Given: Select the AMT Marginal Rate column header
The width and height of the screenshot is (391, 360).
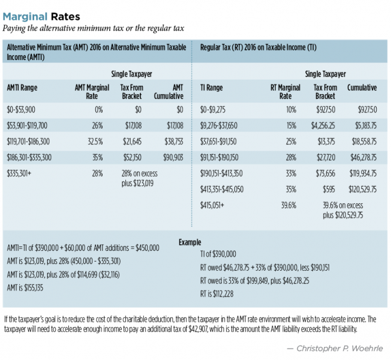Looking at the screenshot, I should (x=92, y=91).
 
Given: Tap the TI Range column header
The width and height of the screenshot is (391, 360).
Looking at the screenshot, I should (x=210, y=88).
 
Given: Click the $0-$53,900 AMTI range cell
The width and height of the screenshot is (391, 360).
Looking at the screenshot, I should (x=22, y=110).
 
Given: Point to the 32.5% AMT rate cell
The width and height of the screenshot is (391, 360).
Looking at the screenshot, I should (x=96, y=142).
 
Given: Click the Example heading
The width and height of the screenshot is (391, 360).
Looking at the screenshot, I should (x=191, y=242).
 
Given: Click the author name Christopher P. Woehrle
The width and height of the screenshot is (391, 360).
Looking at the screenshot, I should (x=342, y=347).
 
